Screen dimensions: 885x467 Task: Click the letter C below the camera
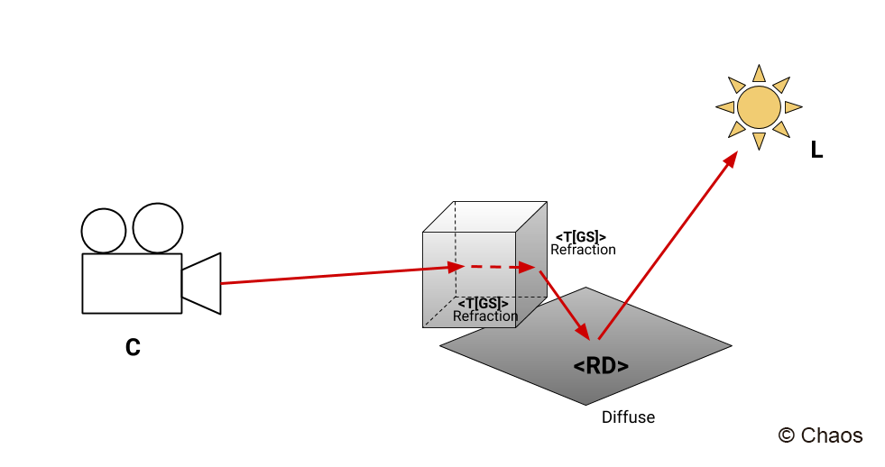tap(133, 347)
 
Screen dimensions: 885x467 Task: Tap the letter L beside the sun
tap(816, 150)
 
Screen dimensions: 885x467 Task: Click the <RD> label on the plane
tap(601, 366)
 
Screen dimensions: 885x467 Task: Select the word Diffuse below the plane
tap(628, 417)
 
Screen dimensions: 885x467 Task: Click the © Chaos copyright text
tap(820, 435)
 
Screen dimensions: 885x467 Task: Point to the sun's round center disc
tap(759, 107)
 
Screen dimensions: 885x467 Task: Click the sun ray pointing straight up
tap(759, 73)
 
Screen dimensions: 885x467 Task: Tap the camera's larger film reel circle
tap(158, 228)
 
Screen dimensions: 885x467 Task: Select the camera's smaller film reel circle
tap(104, 231)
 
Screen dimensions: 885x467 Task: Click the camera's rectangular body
tap(132, 283)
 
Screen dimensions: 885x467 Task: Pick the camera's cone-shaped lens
tap(201, 283)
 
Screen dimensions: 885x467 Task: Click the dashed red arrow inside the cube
tap(499, 267)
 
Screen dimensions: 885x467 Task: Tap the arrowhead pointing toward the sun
tap(731, 160)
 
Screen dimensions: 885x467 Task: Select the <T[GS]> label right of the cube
tap(581, 237)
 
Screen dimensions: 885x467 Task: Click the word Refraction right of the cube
tap(583, 250)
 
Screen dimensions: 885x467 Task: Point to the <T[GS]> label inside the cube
tap(484, 304)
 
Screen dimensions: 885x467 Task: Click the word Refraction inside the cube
tap(485, 316)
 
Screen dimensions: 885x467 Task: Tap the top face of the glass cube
tap(484, 216)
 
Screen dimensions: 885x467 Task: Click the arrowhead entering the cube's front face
tap(456, 267)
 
